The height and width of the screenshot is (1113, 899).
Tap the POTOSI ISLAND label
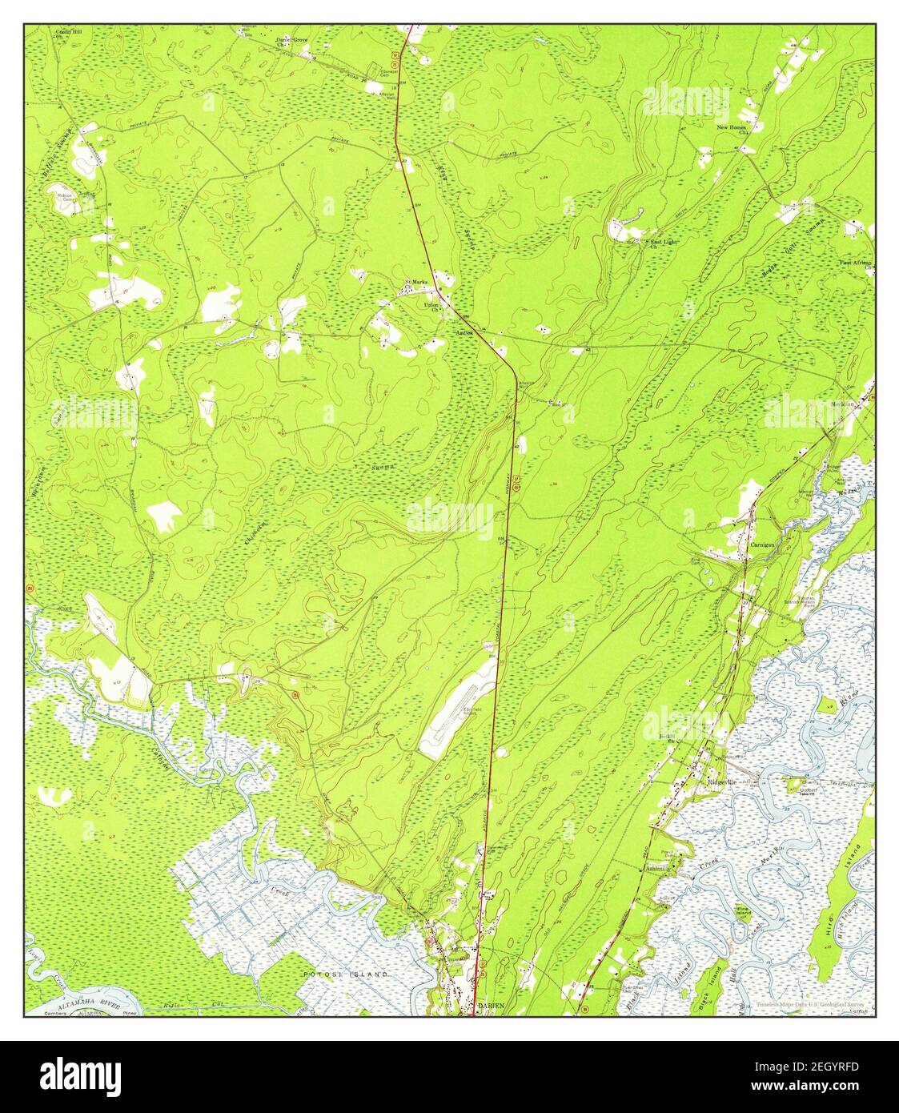[x=346, y=974]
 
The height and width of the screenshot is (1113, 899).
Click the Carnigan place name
[x=764, y=544]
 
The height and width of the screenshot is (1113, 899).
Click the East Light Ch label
[x=663, y=243]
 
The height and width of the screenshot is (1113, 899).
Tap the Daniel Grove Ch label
[x=291, y=42]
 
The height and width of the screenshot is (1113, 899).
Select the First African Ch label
[x=855, y=263]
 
